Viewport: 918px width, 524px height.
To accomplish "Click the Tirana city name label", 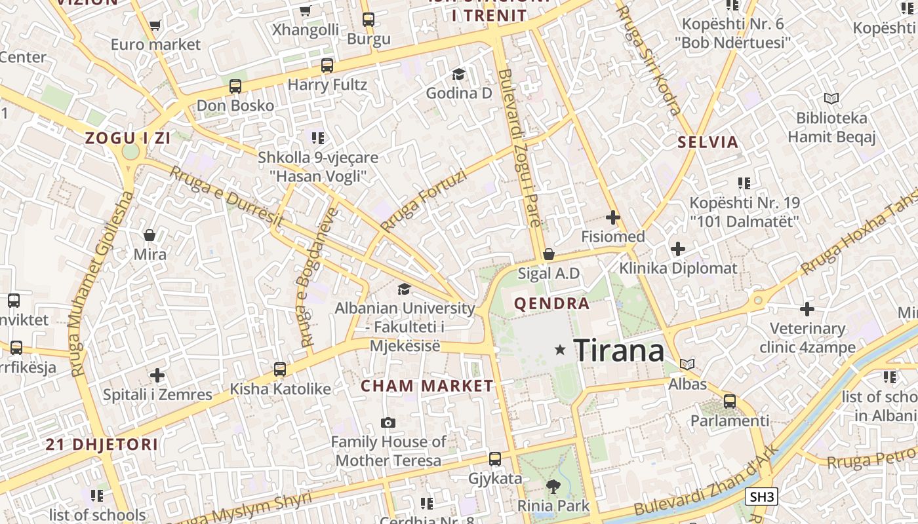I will (x=618, y=350).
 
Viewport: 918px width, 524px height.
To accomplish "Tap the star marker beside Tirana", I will (x=560, y=350).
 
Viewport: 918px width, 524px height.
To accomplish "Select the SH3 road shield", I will (x=761, y=497).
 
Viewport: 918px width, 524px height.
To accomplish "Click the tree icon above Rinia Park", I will (x=553, y=486).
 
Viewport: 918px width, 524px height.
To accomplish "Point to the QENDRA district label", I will (x=552, y=304).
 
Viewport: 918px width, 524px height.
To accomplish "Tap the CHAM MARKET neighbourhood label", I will (x=427, y=386).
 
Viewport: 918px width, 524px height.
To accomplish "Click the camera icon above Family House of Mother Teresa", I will (x=388, y=423).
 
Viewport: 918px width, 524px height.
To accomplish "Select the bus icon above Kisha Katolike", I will (x=280, y=369).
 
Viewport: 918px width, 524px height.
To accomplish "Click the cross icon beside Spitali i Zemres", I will (x=157, y=375).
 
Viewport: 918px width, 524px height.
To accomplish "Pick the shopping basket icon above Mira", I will (x=150, y=235).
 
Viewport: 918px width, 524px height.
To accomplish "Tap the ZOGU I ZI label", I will (x=127, y=138).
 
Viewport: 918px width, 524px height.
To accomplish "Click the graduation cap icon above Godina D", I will (x=458, y=74).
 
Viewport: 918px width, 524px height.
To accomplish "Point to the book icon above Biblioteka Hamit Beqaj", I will (x=831, y=99).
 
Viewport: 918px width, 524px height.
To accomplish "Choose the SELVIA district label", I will (x=708, y=142).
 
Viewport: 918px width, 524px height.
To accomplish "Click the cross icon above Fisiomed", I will (x=613, y=217).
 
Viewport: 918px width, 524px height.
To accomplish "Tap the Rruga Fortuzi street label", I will (x=424, y=201).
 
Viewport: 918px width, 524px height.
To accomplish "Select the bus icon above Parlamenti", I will (x=729, y=402).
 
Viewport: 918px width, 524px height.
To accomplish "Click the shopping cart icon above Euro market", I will (x=155, y=26).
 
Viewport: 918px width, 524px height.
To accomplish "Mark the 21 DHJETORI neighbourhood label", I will (x=102, y=445).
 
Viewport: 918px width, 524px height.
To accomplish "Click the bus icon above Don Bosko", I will (x=235, y=86).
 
